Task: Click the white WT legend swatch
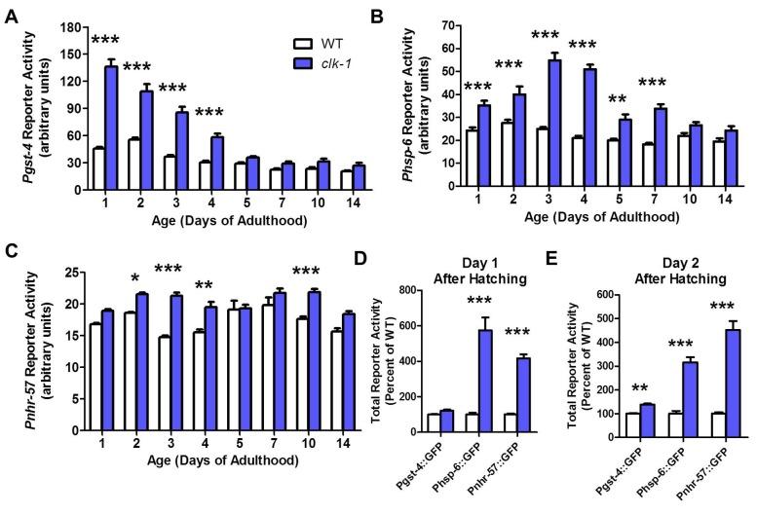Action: tap(304, 44)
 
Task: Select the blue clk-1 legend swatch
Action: tap(304, 62)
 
